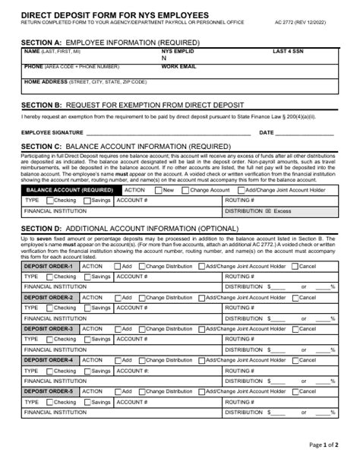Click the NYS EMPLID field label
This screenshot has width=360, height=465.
(177, 51)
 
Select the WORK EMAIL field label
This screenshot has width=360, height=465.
(178, 66)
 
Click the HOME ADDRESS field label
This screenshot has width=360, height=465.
(45, 81)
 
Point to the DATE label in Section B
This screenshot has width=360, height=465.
(267, 132)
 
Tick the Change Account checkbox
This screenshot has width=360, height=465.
(185, 190)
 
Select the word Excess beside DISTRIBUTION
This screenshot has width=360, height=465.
(282, 210)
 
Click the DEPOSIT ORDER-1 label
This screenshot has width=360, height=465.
(49, 266)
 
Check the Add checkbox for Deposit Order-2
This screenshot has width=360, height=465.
(116, 298)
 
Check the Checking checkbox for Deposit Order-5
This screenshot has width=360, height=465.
(49, 402)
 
